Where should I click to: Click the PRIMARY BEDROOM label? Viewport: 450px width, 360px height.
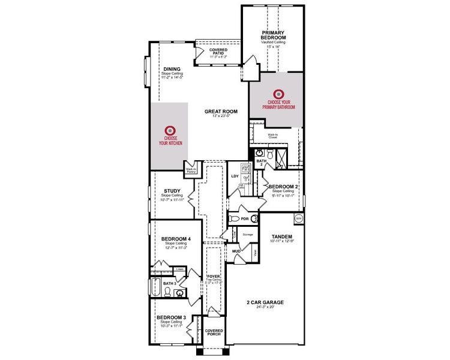(x=273, y=35)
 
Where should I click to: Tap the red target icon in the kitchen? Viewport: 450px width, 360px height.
(x=170, y=130)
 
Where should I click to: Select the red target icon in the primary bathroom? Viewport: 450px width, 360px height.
(x=278, y=94)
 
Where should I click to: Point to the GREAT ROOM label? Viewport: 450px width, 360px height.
(x=221, y=112)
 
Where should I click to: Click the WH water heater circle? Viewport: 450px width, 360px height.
(x=299, y=218)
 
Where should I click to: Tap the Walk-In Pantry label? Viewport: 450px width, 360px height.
(x=192, y=170)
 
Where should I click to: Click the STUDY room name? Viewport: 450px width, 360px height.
(x=172, y=191)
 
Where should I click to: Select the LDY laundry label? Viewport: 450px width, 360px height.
(x=235, y=176)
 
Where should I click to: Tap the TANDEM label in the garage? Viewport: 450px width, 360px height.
(x=281, y=236)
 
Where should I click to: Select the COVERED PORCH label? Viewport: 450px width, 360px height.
(x=214, y=332)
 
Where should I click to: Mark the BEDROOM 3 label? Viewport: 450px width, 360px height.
(x=171, y=317)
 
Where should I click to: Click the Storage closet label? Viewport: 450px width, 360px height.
(x=247, y=234)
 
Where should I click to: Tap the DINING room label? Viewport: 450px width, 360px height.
(x=172, y=69)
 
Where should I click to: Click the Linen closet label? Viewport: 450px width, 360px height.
(x=179, y=269)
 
